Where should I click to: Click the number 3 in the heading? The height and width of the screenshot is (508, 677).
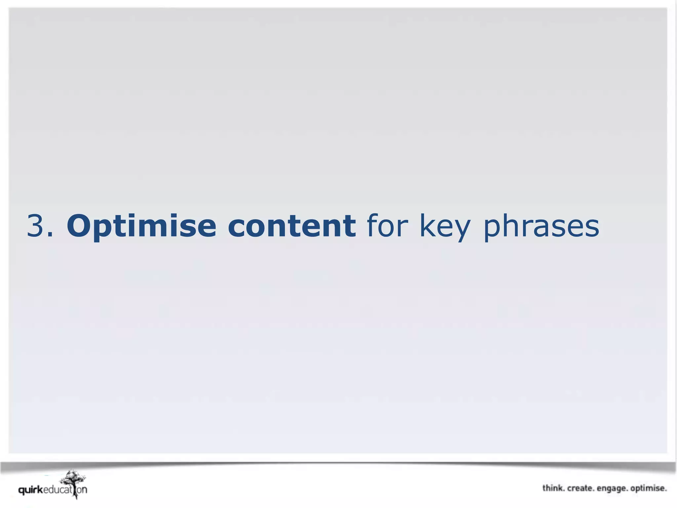36,226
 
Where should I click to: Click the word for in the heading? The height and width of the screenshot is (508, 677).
385,226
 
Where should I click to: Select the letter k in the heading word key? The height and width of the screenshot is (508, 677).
427,226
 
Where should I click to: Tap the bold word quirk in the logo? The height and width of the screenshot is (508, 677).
31,490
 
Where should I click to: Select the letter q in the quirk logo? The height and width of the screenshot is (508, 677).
21,490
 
